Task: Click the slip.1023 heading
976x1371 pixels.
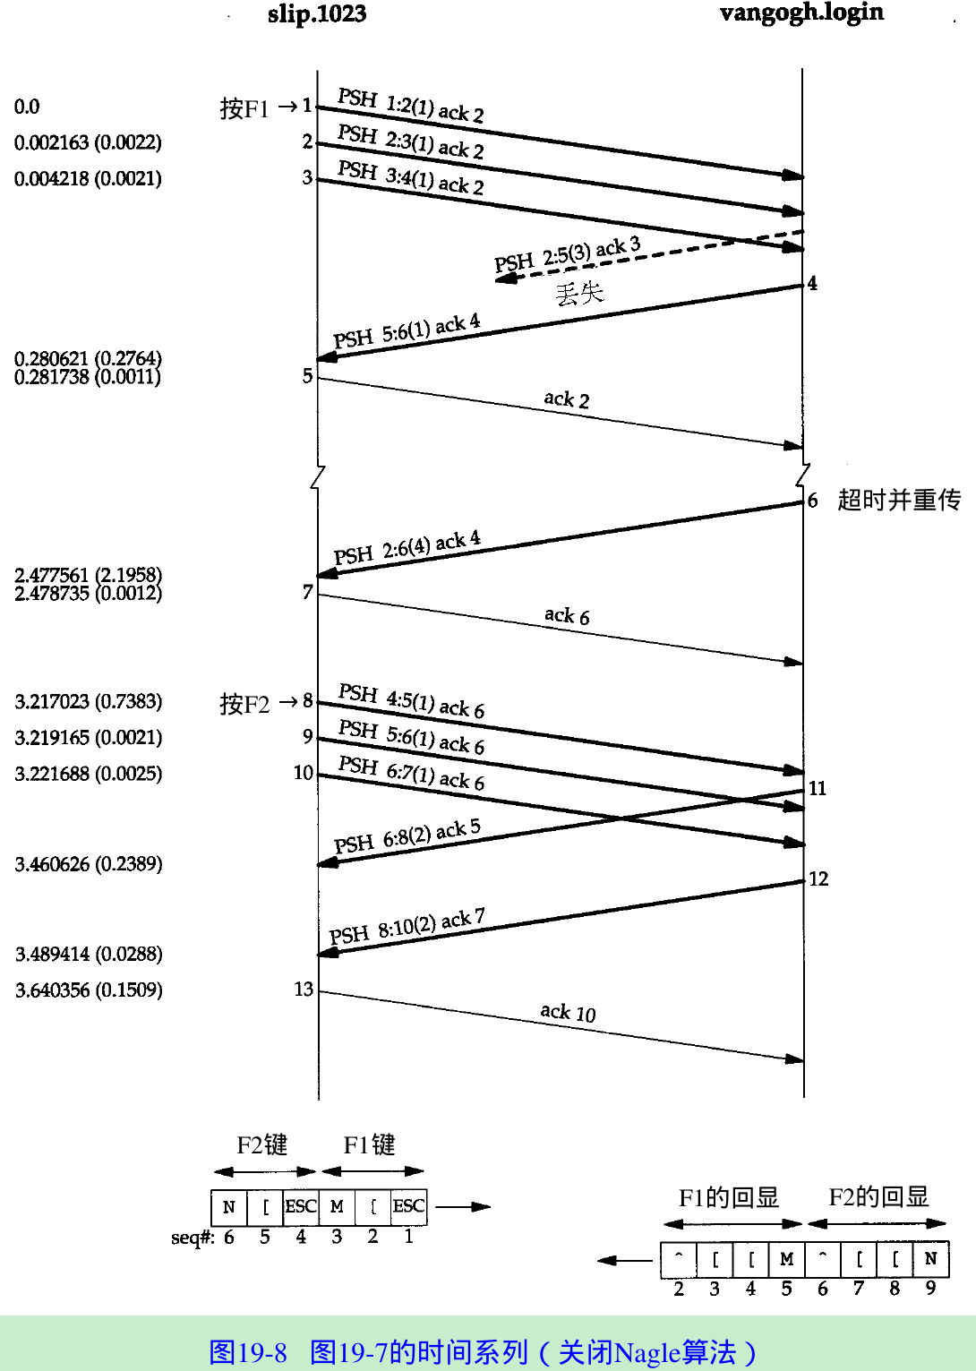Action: (x=317, y=14)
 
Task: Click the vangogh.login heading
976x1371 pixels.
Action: (x=801, y=13)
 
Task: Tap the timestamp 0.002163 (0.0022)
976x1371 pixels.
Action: (x=88, y=142)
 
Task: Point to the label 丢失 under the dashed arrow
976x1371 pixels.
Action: (x=579, y=293)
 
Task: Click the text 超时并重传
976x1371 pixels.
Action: (x=898, y=500)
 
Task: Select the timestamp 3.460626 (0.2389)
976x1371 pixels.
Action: (x=89, y=864)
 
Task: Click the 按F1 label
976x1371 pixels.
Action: (x=244, y=108)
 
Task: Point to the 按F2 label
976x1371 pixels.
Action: (x=244, y=704)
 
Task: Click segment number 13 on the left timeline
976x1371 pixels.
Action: (x=304, y=990)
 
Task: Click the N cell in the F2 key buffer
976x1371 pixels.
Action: (x=229, y=1207)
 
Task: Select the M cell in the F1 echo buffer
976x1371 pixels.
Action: (x=787, y=1259)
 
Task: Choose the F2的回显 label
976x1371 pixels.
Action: (x=878, y=1197)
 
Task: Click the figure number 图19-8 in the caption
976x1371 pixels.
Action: (x=248, y=1352)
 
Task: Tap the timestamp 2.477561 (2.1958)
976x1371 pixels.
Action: (x=88, y=575)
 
